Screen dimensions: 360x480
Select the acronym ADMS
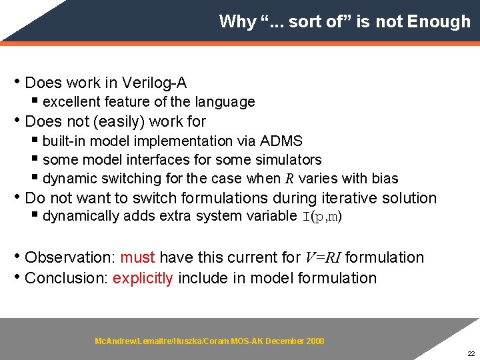281,141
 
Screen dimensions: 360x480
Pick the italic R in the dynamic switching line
289,179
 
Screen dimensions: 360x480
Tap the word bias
384,179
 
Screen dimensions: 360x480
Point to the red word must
137,257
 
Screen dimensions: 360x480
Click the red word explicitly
143,278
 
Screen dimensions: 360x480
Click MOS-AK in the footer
247,341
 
